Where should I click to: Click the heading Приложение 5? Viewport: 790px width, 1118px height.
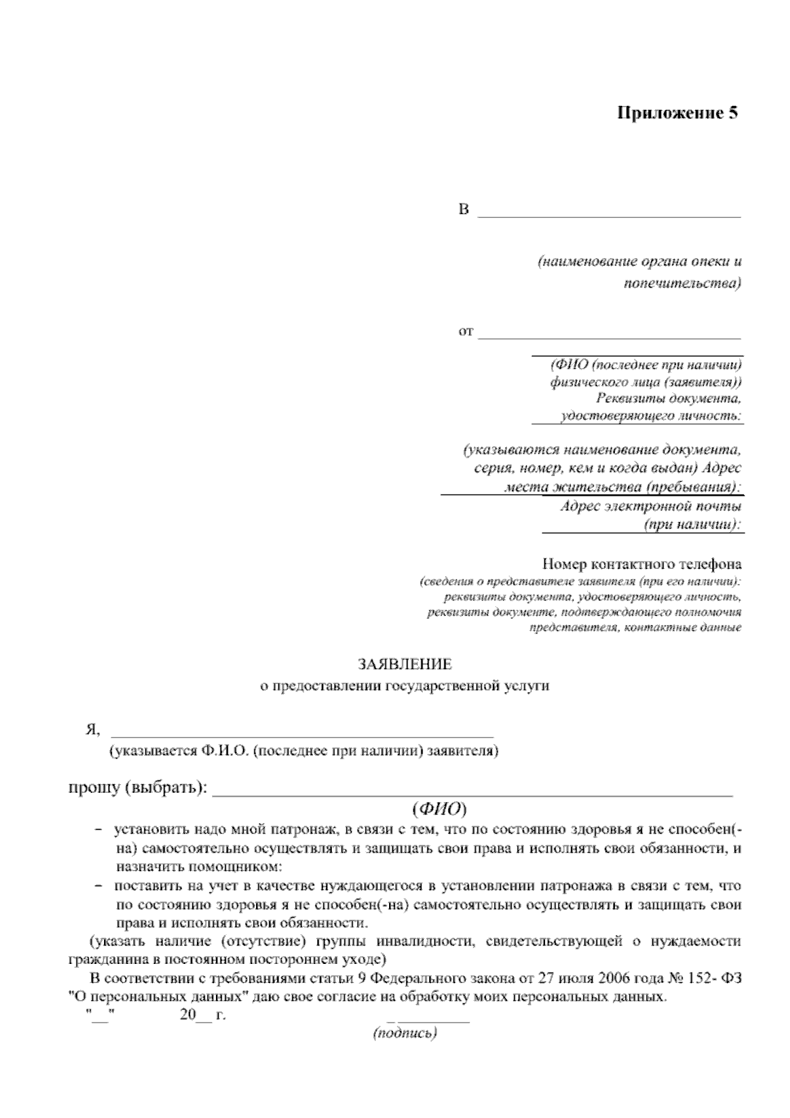677,113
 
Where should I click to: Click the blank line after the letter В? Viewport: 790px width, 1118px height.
609,215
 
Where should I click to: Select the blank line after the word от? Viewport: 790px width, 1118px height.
609,337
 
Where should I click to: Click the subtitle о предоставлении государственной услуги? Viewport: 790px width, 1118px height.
404,685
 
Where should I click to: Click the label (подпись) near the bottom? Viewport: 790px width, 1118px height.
405,1034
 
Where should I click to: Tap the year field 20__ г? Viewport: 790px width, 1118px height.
202,1015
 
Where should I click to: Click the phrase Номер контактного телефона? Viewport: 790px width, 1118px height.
642,564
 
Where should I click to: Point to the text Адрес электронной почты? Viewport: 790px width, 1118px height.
651,506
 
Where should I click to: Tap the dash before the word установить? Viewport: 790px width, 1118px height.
99,830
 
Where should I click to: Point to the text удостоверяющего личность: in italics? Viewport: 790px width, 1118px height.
650,416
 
